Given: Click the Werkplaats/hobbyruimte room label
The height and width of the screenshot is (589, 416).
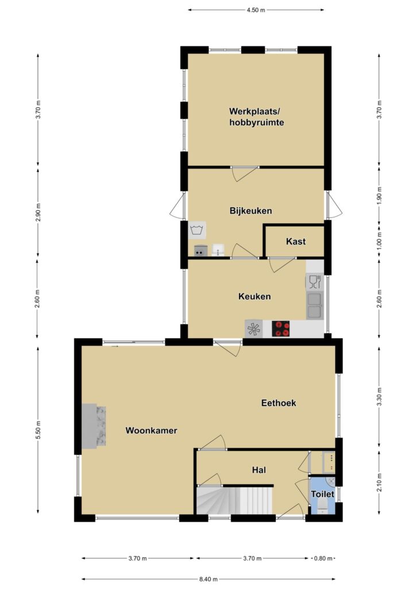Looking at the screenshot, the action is click(257, 117).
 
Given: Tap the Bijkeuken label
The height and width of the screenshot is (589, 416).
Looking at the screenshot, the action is click(251, 211).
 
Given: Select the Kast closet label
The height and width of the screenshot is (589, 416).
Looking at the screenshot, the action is click(295, 242).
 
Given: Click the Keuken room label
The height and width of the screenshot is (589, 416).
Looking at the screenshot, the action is click(255, 296).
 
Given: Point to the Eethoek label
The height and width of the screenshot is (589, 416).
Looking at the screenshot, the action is click(279, 403).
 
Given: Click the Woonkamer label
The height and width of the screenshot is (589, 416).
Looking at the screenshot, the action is click(151, 430).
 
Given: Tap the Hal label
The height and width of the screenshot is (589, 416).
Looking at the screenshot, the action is click(259, 470).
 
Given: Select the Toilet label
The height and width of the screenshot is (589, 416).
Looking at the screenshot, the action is click(322, 494).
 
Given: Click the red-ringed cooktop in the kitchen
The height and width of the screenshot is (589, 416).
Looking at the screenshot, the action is click(280, 328).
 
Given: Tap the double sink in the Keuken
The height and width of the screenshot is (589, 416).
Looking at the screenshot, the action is click(314, 306).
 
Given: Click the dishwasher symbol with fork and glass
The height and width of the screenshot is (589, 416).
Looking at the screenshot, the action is click(314, 282).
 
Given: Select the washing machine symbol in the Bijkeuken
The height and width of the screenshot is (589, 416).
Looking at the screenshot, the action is click(197, 230).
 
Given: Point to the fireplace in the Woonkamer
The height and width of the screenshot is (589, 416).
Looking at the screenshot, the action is click(94, 425).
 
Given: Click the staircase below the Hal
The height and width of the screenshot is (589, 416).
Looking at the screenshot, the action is click(234, 500).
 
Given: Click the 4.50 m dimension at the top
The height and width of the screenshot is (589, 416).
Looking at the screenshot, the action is click(256, 10).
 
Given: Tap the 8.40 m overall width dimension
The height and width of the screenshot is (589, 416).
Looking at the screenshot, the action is click(208, 579).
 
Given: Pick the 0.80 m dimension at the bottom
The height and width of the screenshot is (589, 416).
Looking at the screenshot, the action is click(323, 559).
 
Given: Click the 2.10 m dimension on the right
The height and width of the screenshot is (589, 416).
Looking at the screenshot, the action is click(380, 482).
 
